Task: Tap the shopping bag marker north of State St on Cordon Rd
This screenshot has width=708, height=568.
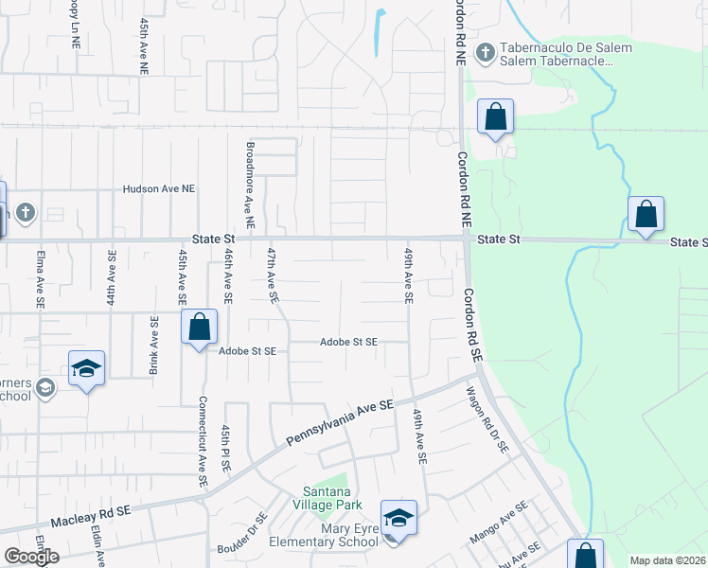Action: click(495, 117)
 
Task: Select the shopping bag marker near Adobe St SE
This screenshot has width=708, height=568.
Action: click(200, 328)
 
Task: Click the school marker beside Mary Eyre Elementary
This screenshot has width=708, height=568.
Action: click(399, 519)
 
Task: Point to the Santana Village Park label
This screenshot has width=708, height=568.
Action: click(327, 498)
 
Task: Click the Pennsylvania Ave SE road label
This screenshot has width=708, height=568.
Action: click(340, 423)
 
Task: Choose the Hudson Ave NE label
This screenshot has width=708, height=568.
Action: click(158, 189)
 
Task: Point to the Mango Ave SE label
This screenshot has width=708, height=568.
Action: click(500, 528)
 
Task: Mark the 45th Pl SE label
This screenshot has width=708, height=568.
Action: click(226, 453)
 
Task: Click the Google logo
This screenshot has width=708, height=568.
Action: click(31, 557)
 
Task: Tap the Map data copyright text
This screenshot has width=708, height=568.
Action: click(667, 560)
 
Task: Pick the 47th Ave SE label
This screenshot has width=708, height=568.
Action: click(272, 275)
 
